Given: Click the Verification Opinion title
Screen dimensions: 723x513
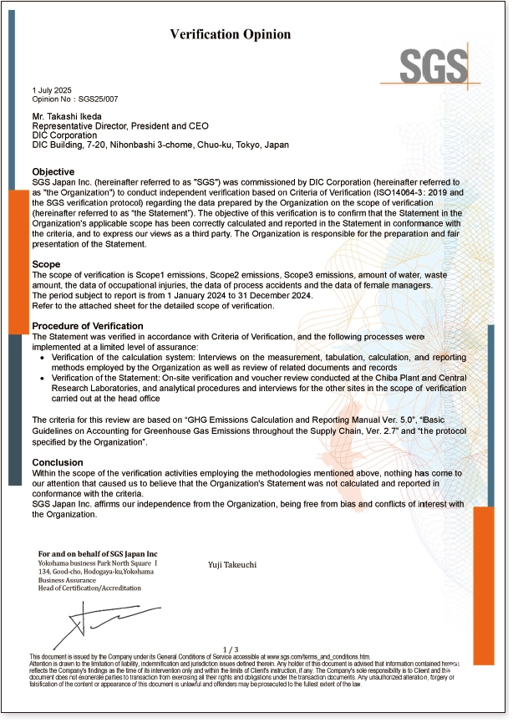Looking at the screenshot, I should (231, 34).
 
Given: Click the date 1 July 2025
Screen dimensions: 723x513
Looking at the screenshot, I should (52, 89).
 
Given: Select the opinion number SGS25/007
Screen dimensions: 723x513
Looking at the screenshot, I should (89, 99).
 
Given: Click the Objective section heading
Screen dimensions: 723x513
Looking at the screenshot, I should (53, 171).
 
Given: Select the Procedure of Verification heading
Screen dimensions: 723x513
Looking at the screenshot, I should (87, 326).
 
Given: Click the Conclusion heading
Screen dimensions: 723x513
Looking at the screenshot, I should (58, 462).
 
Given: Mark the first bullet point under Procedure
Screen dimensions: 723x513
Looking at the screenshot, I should (43, 356).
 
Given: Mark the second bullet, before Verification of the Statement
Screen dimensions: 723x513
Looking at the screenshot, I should (43, 379).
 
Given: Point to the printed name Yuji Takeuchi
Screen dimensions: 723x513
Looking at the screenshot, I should (232, 565).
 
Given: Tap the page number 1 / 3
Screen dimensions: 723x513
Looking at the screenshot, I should (231, 649).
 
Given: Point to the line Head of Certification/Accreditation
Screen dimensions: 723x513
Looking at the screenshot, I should (90, 588).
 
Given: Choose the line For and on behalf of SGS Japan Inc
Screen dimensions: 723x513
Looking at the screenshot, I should (98, 554).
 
